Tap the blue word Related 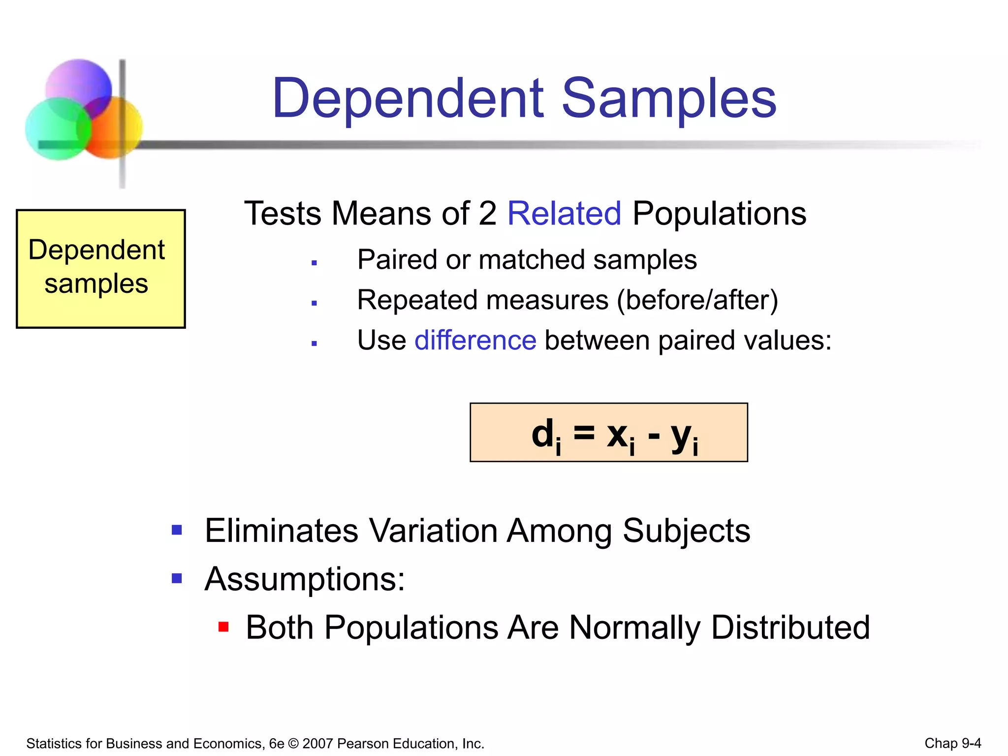pyautogui.click(x=564, y=214)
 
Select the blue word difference pyautogui.click(x=475, y=340)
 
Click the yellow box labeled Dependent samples pyautogui.click(x=100, y=268)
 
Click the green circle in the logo pyautogui.click(x=57, y=129)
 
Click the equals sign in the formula pyautogui.click(x=584, y=433)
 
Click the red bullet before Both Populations pyautogui.click(x=223, y=627)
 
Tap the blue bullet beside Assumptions pyautogui.click(x=177, y=578)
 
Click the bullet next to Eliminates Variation pyautogui.click(x=177, y=530)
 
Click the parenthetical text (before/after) pyautogui.click(x=697, y=300)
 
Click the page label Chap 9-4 pyautogui.click(x=952, y=743)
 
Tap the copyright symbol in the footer pyautogui.click(x=293, y=743)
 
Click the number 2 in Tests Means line pyautogui.click(x=487, y=214)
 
